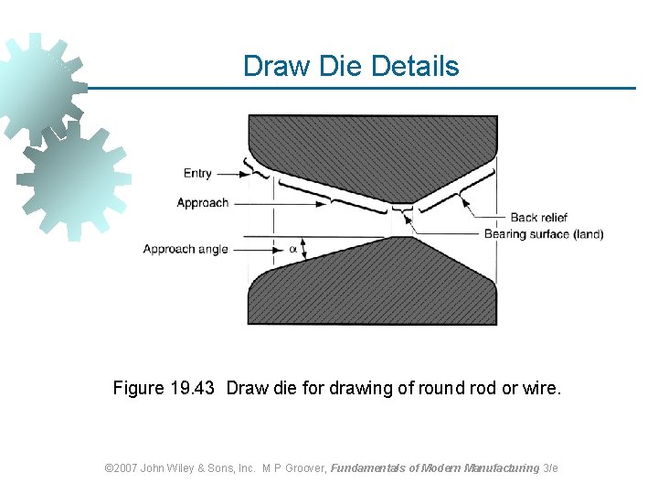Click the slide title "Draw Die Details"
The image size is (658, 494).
351,66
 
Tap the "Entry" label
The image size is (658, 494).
197,173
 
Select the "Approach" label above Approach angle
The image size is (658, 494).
202,202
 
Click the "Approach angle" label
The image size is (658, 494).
186,249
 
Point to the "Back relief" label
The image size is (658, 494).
538,218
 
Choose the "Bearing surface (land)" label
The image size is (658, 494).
543,234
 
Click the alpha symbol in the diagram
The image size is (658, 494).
293,248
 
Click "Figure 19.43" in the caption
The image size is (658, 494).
164,388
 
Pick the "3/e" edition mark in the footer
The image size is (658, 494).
550,467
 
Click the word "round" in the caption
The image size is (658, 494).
443,388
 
